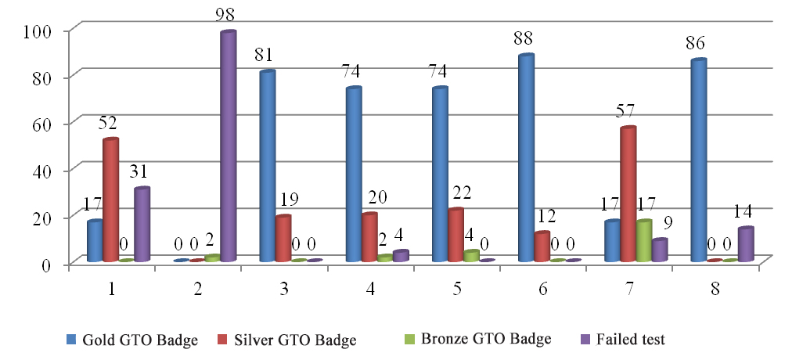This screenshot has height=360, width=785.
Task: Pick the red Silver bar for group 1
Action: (x=110, y=200)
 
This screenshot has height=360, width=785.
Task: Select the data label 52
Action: (x=109, y=123)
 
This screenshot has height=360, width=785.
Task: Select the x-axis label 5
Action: (x=455, y=290)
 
